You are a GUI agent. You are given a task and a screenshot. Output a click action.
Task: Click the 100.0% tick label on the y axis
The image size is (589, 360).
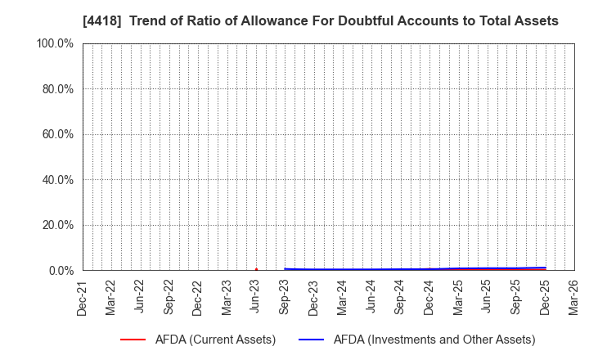tap(54, 43)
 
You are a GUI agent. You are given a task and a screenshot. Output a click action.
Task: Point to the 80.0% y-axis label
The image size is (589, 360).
tap(56, 88)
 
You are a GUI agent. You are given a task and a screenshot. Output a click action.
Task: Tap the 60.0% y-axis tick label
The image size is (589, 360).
tap(56, 134)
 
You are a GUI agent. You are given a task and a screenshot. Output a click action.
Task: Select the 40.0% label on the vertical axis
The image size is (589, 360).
tap(56, 179)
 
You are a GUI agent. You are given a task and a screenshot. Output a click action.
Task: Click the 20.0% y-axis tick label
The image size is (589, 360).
tap(56, 225)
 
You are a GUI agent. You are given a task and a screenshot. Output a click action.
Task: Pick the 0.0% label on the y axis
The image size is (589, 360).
tap(60, 270)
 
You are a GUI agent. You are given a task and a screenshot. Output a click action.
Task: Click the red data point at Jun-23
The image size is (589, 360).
tap(256, 269)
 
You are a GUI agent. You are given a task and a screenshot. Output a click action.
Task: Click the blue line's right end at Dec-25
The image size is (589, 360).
tap(545, 268)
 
